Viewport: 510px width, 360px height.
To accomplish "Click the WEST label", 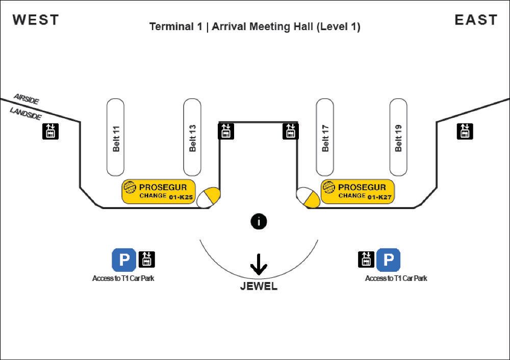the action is click(36, 20).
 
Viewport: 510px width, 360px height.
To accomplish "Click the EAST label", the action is click(476, 20).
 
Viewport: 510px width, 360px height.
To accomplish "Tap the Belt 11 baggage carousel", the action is click(115, 137).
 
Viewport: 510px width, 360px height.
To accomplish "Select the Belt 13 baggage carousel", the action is click(192, 137).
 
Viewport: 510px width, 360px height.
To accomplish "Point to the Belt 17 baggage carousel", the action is click(325, 137).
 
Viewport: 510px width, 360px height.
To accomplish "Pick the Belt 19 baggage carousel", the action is click(398, 137).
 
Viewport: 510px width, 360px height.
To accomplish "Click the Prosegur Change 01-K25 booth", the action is click(159, 192).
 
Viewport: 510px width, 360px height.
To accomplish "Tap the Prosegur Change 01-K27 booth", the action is click(358, 192).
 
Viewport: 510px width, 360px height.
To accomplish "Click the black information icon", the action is click(259, 222).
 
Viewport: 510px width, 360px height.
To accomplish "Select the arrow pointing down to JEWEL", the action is click(259, 264).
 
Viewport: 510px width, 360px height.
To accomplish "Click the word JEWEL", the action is click(259, 286).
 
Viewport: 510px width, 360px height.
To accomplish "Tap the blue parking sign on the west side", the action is click(124, 260).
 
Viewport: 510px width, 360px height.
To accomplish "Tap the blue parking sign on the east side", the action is click(388, 260).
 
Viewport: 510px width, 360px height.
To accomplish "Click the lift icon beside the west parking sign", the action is click(147, 260).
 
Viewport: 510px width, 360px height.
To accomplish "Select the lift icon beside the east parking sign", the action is click(366, 260).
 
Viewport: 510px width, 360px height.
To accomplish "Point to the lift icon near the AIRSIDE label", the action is click(50, 132).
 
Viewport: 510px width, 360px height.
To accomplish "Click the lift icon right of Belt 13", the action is click(226, 131).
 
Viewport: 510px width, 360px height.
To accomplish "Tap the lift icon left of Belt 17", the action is click(291, 131).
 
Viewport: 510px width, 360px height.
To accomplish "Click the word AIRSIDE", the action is click(27, 99).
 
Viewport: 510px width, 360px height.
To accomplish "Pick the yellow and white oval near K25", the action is click(208, 197).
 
